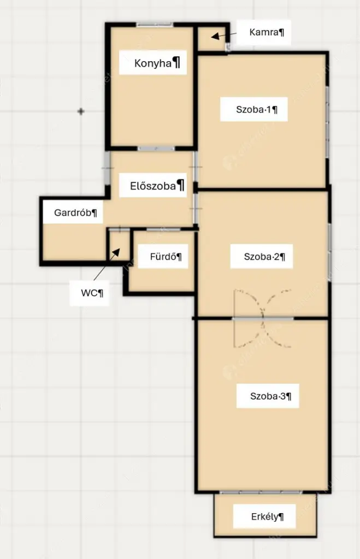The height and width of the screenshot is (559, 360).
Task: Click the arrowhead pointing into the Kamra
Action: click(x=215, y=37)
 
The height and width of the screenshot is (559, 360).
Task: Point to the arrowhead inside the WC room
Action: click(x=116, y=252)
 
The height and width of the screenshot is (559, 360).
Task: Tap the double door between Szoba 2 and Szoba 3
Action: click(x=263, y=318)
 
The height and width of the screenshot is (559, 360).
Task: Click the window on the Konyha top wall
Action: click(x=155, y=25)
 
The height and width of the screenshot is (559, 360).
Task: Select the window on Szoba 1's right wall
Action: click(x=327, y=122)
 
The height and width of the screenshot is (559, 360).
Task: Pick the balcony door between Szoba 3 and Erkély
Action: click(x=261, y=492)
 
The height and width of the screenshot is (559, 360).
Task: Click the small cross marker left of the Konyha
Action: click(x=81, y=111)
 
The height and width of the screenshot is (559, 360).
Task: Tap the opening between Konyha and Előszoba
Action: click(x=156, y=148)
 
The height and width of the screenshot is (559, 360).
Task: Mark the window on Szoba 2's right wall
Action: click(x=329, y=252)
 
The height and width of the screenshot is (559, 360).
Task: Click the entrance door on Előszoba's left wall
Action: click(x=107, y=168)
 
